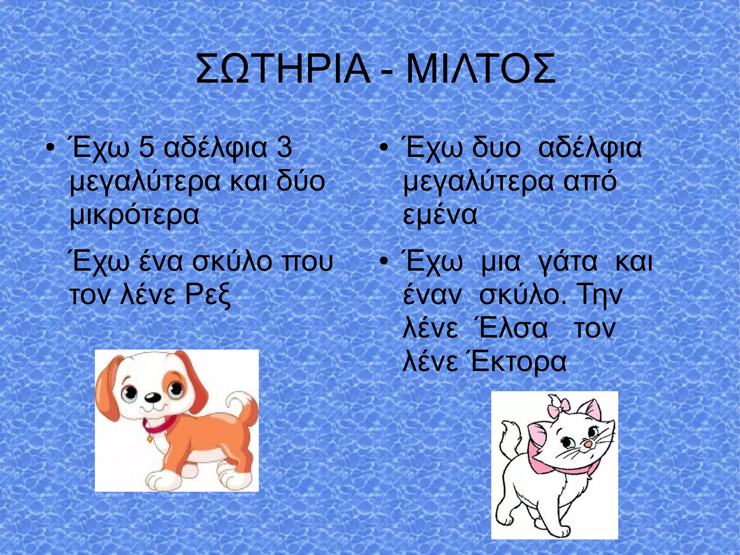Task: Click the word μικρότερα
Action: pos(134,215)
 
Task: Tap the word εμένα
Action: pos(440,215)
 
